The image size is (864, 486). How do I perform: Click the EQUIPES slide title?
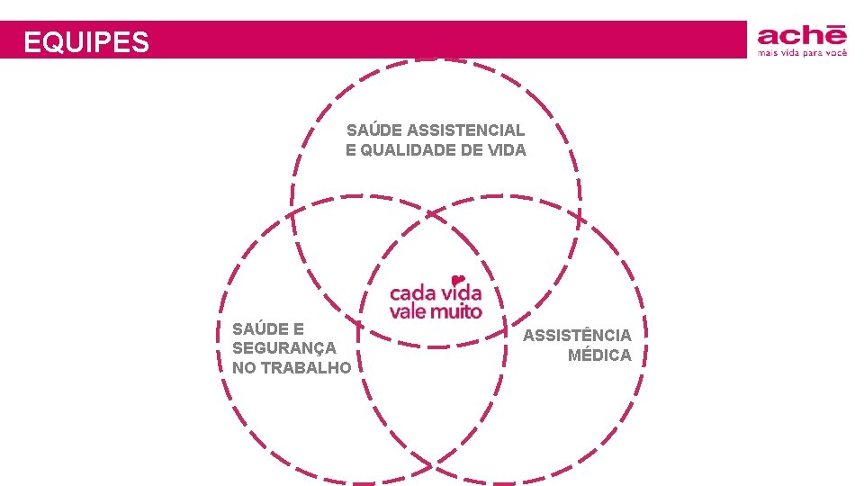pos(86,42)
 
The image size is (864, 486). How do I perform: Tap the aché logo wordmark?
pos(801,36)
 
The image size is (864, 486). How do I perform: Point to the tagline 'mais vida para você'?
pos(802,53)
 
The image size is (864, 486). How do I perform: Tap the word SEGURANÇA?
pos(283,347)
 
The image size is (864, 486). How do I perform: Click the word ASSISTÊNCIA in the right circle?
pos(577,336)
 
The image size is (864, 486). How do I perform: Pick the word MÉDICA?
pos(599,355)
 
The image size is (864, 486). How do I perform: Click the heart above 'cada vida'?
pos(458,281)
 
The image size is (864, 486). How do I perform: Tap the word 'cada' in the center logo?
pos(412,293)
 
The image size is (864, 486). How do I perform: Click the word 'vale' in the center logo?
pos(407,312)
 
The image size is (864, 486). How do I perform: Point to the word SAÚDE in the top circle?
pos(374,131)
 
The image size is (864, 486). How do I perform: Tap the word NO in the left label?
pos(244,367)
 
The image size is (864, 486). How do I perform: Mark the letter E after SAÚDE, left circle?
pos(298,328)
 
